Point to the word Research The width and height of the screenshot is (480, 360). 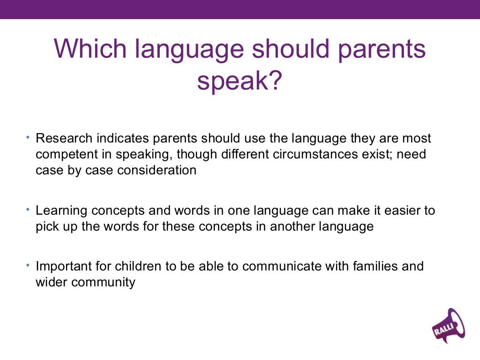[64, 139]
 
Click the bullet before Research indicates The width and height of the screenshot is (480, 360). [28, 137]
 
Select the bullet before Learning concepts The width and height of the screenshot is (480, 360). [28, 209]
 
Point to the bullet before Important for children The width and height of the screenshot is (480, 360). [28, 265]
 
